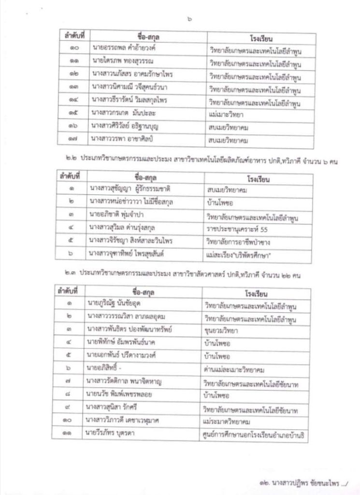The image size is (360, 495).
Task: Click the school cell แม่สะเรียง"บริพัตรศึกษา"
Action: pyautogui.click(x=239, y=253)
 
